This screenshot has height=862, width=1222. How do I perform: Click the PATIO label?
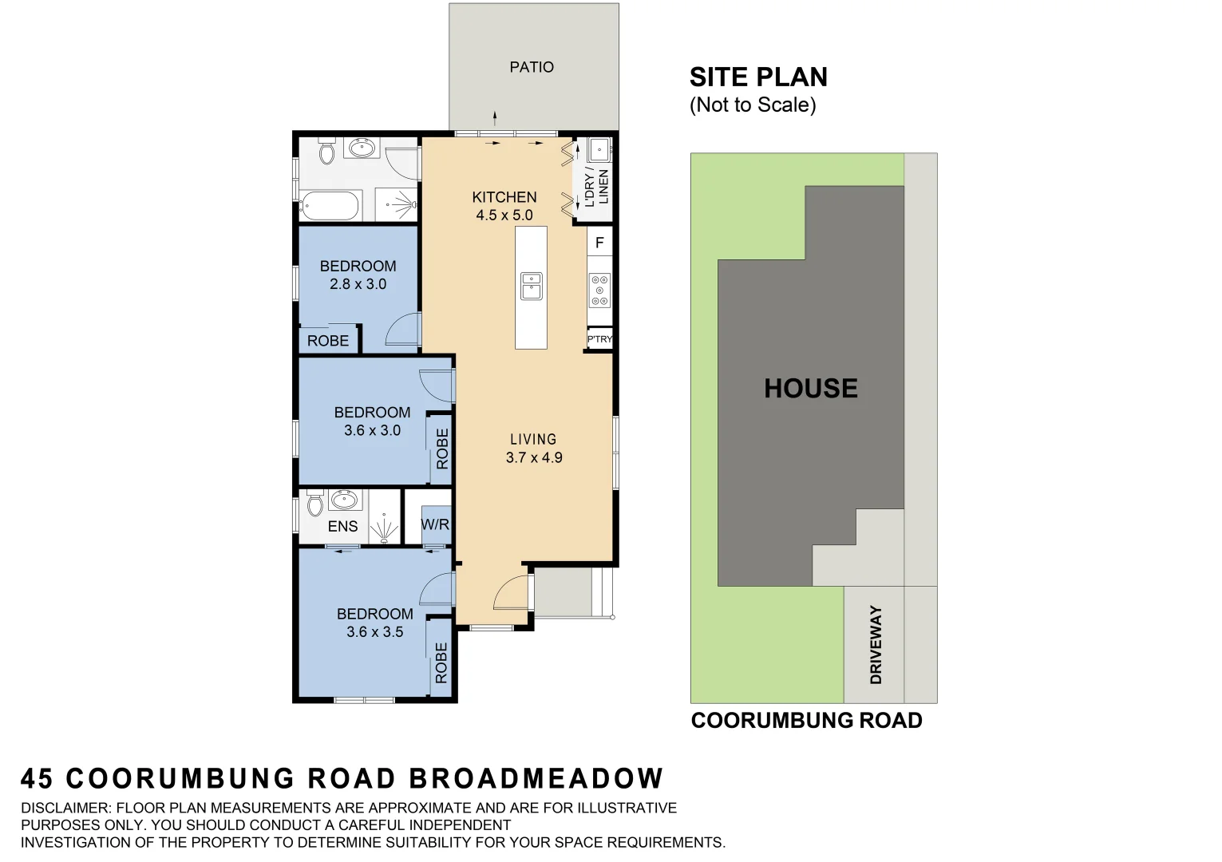[532, 67]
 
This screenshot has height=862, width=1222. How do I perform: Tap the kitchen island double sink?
[532, 287]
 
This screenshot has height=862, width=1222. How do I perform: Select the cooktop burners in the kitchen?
[599, 291]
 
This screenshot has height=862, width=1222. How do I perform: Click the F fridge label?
[599, 243]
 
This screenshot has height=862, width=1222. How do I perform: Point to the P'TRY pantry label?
[599, 339]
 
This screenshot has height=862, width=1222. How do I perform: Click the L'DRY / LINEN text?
[596, 188]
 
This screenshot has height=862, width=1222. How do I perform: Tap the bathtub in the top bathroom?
[330, 206]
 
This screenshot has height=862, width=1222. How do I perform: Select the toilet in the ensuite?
[314, 504]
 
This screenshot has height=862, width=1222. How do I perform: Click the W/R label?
[435, 524]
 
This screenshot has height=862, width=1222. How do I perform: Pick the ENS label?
[342, 526]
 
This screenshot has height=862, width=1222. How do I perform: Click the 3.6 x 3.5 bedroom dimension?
[374, 632]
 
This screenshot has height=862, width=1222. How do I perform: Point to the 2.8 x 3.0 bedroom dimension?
[358, 284]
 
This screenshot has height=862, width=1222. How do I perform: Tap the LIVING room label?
[533, 439]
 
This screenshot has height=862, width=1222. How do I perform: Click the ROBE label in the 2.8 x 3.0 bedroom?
[328, 341]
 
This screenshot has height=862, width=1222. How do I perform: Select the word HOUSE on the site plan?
[811, 389]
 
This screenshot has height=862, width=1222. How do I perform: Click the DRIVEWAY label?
[876, 645]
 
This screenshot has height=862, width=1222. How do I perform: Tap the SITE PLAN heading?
[758, 77]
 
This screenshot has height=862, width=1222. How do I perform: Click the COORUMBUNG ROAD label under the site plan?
[806, 721]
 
